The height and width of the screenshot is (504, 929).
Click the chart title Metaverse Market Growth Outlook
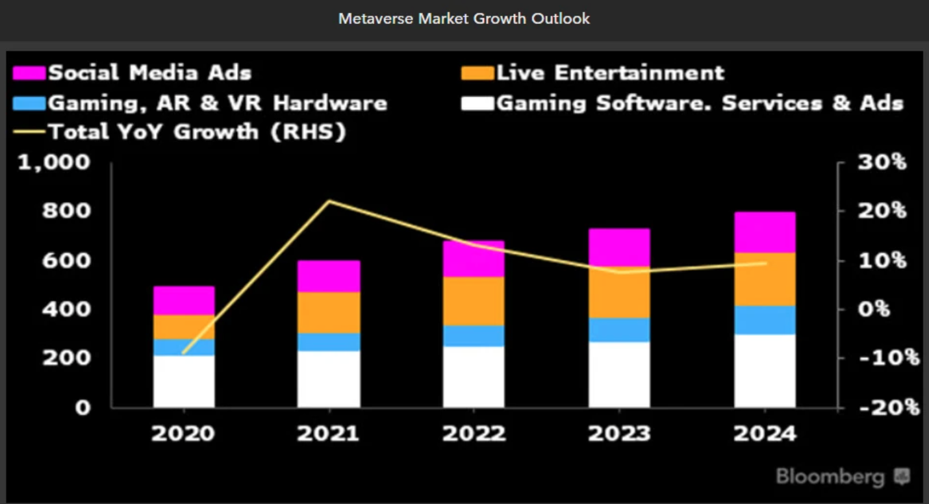464,19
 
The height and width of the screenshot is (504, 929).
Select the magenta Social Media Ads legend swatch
29,73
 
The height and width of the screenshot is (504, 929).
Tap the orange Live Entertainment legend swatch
477,73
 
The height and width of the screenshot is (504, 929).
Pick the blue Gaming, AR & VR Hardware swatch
29,103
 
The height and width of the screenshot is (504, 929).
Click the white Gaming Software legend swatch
477,103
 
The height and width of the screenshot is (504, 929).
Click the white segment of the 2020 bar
184,381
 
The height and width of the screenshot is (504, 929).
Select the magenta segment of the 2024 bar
765,232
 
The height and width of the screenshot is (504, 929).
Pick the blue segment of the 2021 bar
329,342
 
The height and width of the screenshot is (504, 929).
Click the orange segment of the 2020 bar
184,327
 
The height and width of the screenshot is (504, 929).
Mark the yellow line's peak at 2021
329,201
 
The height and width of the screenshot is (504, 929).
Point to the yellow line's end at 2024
765,263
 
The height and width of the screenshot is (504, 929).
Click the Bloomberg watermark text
830,477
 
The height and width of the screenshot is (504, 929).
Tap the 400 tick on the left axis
63,309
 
